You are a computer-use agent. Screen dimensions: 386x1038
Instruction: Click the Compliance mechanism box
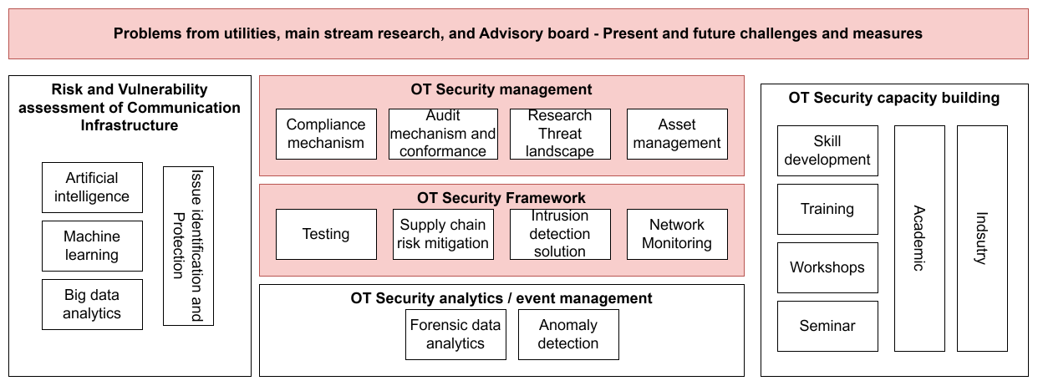point(326,134)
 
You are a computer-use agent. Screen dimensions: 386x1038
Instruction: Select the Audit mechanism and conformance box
point(443,134)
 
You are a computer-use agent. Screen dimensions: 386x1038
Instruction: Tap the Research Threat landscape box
point(560,134)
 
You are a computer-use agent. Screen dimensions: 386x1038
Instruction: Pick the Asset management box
point(677,134)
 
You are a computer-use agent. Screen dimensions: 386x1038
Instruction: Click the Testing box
point(326,234)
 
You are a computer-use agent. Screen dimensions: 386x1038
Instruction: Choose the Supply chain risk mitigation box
point(443,234)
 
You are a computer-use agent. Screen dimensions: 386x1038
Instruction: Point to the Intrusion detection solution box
point(560,234)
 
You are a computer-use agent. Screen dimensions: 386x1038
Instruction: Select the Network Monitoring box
point(677,234)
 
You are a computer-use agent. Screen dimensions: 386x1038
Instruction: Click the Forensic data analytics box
point(455,334)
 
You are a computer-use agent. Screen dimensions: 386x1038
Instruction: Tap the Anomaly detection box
point(568,334)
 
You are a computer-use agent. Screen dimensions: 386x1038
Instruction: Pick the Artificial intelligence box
point(92,187)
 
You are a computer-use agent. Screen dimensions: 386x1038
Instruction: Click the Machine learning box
point(92,246)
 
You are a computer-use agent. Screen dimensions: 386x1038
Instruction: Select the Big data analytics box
point(92,304)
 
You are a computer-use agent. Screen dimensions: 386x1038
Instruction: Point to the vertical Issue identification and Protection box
point(188,246)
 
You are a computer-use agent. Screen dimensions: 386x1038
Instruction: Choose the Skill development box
point(827,150)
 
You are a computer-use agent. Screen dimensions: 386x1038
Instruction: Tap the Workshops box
point(827,267)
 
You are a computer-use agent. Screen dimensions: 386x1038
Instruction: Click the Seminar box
point(827,326)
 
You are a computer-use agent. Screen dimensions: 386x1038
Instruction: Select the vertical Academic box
point(919,238)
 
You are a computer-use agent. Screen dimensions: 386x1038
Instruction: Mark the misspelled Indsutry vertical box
point(982,238)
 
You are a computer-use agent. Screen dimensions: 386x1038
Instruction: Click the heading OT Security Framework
point(501,198)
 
